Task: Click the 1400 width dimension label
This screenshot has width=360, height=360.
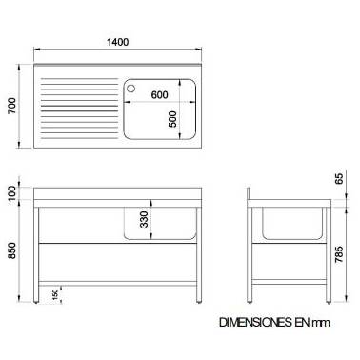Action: (117, 42)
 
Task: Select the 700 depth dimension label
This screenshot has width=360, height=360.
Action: (11, 106)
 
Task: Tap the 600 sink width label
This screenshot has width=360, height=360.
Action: (159, 94)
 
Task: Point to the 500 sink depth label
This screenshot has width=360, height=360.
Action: (172, 119)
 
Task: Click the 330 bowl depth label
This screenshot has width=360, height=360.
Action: (144, 219)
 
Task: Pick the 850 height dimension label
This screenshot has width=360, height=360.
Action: (11, 250)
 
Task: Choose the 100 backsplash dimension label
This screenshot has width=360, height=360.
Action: (11, 193)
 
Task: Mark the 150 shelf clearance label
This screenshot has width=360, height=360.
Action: (55, 294)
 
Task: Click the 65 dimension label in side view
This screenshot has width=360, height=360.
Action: (339, 178)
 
